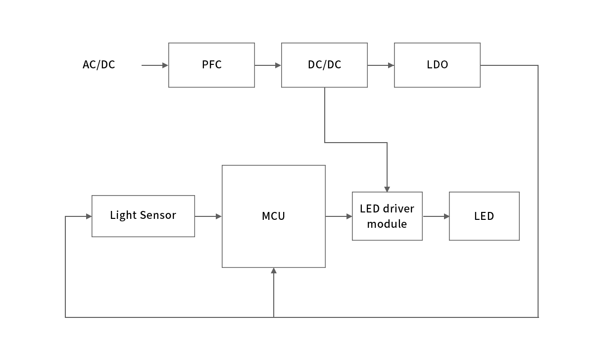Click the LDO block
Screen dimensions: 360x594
click(437, 65)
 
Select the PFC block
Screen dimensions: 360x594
click(211, 65)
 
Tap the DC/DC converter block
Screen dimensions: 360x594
click(324, 65)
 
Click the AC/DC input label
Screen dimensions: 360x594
click(99, 65)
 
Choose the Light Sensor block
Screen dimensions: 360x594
click(143, 216)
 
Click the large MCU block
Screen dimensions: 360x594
click(273, 216)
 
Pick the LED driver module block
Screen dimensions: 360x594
click(387, 216)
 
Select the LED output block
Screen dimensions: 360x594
click(484, 216)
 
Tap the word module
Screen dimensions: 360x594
click(387, 224)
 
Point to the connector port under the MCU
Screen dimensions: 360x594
click(274, 271)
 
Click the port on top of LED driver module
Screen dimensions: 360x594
click(387, 189)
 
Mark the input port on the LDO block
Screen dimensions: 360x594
click(391, 65)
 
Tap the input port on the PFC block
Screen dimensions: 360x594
click(165, 65)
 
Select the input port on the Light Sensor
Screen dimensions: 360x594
click(88, 216)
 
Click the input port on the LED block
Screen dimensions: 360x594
click(445, 216)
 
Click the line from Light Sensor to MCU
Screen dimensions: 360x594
click(205, 216)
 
